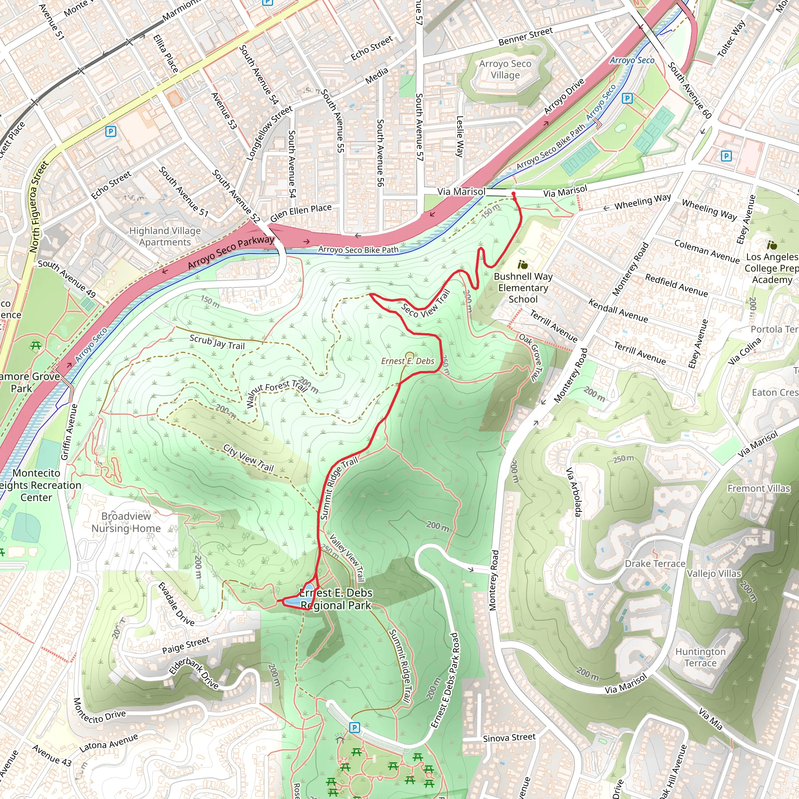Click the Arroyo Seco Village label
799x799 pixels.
[505, 69]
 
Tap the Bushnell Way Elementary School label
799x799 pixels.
[523, 288]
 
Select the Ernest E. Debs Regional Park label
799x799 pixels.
[336, 599]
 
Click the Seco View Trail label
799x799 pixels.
[426, 304]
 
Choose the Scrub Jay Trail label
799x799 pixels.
[217, 342]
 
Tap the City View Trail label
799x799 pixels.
[249, 458]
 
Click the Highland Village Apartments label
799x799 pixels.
[165, 236]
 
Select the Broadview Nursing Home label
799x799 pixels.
[126, 522]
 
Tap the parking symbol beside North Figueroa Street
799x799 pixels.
[110, 131]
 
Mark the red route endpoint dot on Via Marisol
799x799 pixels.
[513, 194]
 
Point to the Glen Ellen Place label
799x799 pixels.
[301, 213]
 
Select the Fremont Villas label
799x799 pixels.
[758, 488]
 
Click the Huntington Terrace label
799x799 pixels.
[700, 657]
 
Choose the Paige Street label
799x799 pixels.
[186, 645]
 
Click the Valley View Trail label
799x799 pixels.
[347, 557]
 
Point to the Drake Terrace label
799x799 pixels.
[655, 564]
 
